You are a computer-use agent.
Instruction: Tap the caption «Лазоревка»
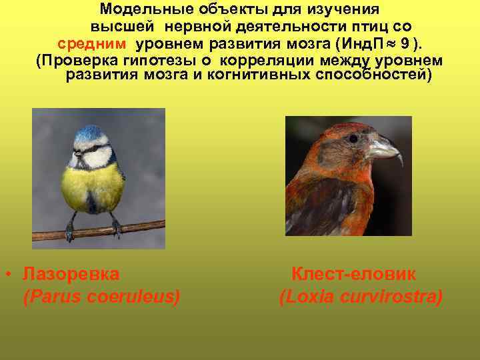pyautogui.click(x=71, y=274)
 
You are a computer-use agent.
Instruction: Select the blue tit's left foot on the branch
pyautogui.click(x=70, y=231)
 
